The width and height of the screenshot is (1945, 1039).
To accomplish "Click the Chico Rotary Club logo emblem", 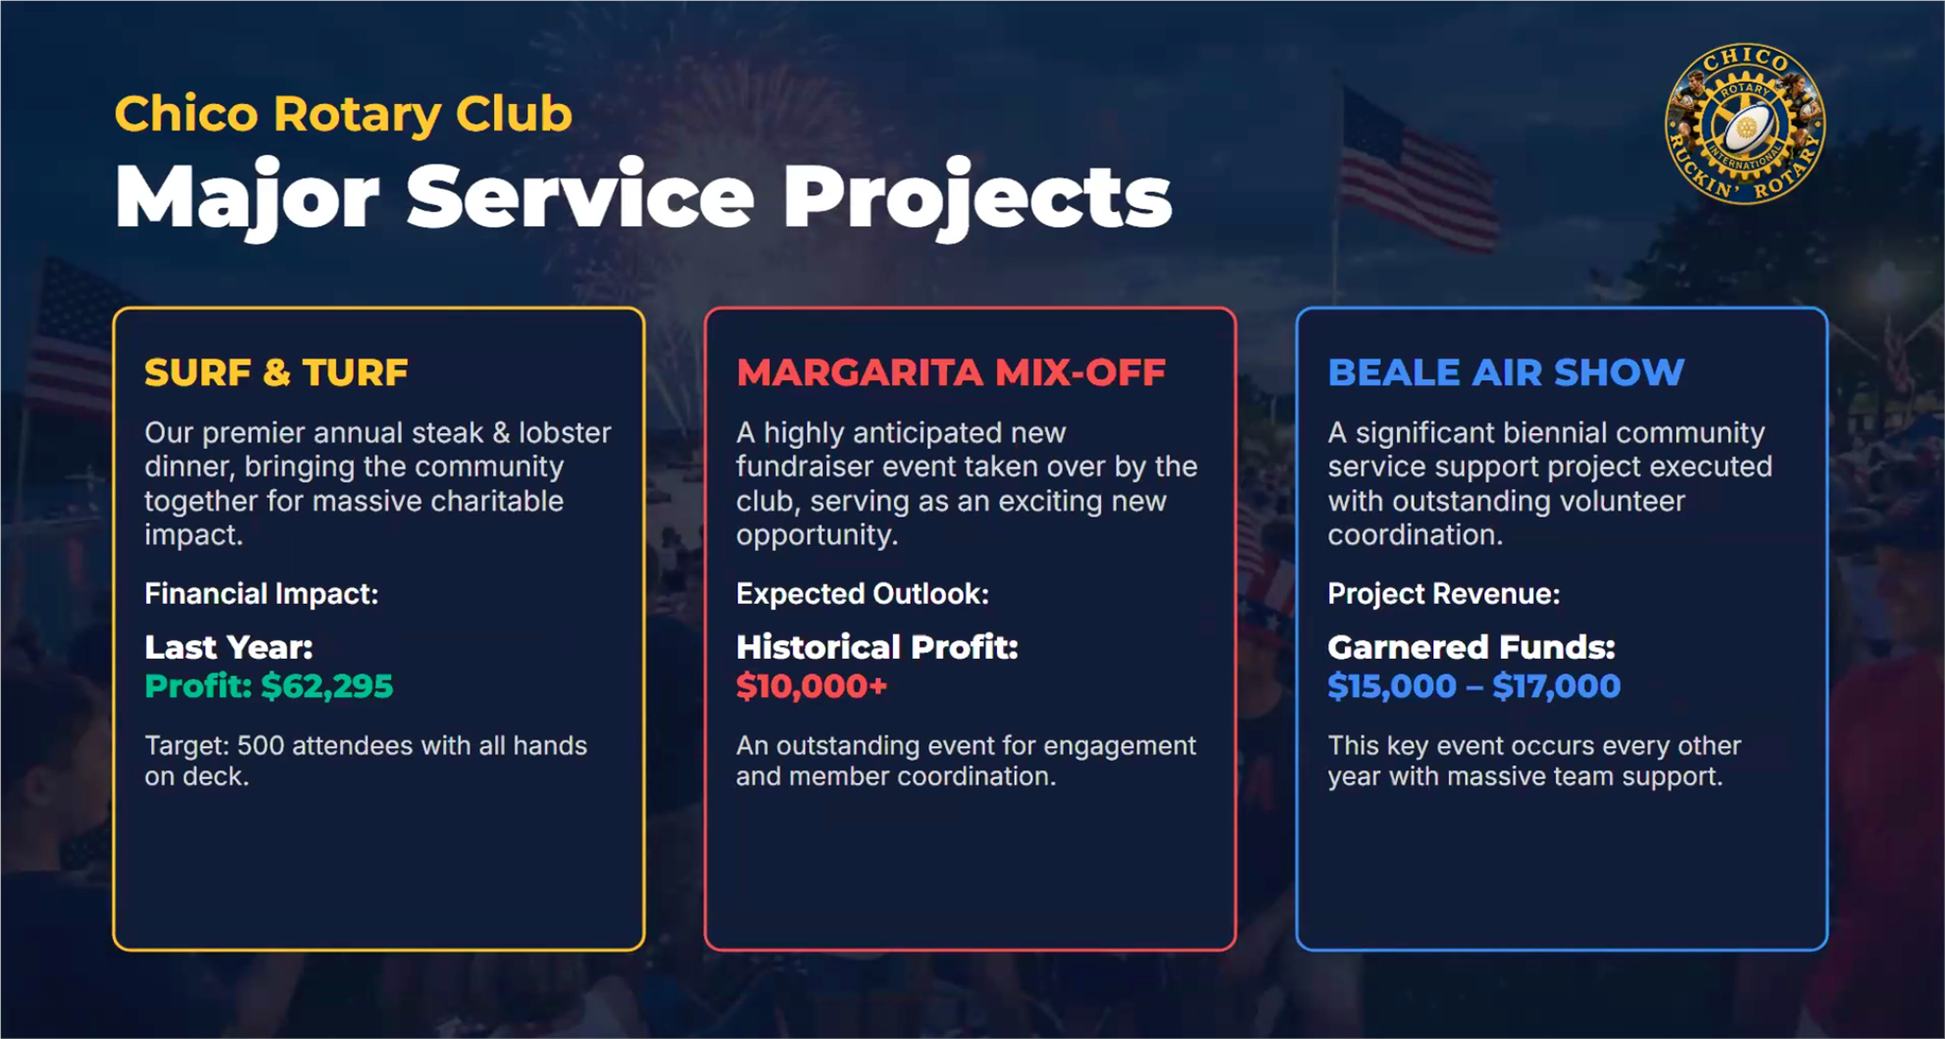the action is pos(1745,124).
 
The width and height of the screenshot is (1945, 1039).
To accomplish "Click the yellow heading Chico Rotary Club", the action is pos(343,114).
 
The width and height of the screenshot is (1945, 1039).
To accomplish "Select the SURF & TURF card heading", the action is pos(276,372).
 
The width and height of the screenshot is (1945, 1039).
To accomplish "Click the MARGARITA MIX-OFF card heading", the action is pos(951,372).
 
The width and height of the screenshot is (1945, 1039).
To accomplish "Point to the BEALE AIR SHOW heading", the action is pos(1506,372).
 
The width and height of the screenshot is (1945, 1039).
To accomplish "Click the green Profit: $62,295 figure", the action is pos(269,685).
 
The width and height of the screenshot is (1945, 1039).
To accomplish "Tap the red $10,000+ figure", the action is pos(811,685).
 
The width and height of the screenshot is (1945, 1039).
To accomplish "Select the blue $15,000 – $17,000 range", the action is pos(1473,685).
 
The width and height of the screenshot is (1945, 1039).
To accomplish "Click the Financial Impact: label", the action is pos(261,593).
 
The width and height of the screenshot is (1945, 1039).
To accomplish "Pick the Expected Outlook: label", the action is pos(862,593).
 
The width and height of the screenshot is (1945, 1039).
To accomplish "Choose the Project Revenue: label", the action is pos(1443,593).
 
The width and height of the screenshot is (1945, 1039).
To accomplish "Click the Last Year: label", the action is pos(229,647).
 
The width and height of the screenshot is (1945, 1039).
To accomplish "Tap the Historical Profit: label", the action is pos(877,647).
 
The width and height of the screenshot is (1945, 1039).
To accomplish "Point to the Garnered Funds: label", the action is pos(1472,647).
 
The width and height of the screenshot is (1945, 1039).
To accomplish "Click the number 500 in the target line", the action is pos(260,745).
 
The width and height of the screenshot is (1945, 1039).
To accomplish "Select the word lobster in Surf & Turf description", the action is pos(565,432).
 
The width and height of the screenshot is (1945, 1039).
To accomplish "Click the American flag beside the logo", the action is pos(1415,172).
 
